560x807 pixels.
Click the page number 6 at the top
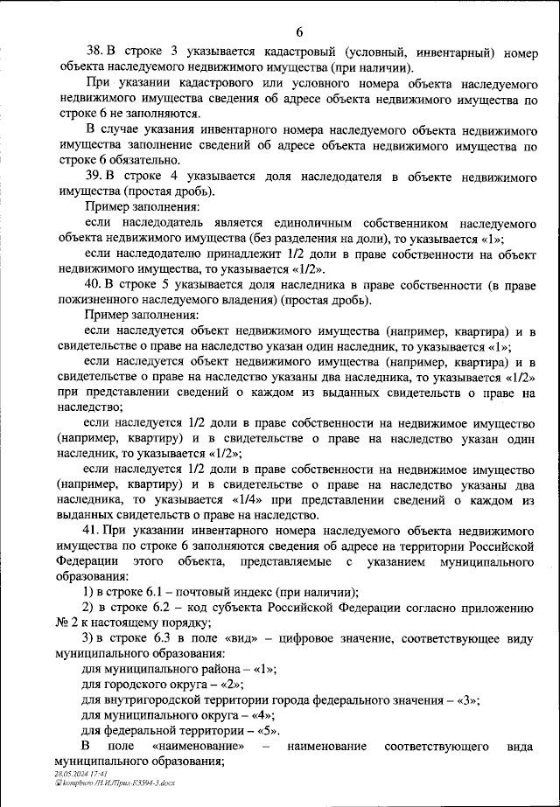298,32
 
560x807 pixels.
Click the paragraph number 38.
92,52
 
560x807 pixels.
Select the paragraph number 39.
92,177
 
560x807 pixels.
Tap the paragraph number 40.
92,286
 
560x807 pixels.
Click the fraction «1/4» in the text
227,500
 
